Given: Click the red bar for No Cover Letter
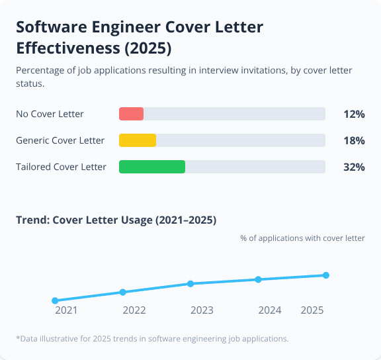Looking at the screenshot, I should click(131, 114).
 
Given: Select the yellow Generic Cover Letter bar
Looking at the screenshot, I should click(138, 140).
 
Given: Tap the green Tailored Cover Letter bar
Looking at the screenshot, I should click(152, 167).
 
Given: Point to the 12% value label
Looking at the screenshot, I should click(354, 114).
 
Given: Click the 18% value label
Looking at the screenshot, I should click(354, 140).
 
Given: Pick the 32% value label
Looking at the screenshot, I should click(354, 167).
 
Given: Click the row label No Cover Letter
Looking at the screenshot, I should click(50, 114).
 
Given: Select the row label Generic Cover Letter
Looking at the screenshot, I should click(60, 140).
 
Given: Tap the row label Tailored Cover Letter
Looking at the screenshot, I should click(61, 167).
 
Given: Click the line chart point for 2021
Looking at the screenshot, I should click(55, 300).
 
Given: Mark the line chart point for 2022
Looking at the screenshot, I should click(122, 292).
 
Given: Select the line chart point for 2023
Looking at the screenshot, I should click(190, 284).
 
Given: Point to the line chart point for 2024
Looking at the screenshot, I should click(259, 279).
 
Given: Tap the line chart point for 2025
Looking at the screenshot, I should click(326, 275).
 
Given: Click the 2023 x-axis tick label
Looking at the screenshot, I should click(202, 310).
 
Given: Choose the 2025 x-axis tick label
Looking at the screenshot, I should click(312, 310).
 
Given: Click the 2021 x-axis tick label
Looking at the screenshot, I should click(66, 310).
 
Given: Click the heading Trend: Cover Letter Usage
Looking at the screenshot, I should click(116, 220).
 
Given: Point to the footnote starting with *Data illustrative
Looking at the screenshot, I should click(152, 338).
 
